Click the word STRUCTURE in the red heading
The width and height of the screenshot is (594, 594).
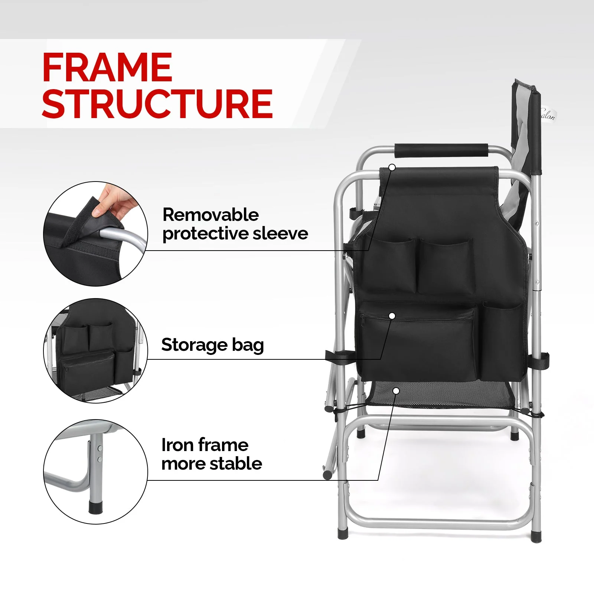(x=157, y=104)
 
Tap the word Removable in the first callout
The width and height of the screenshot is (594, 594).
(x=210, y=215)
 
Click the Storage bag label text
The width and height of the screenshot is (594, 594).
(x=212, y=345)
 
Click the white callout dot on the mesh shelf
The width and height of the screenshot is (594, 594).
(x=396, y=391)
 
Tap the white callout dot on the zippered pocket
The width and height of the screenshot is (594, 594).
(x=392, y=316)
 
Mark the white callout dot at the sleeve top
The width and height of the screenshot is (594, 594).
(x=392, y=167)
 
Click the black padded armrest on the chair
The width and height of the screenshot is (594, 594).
(x=441, y=150)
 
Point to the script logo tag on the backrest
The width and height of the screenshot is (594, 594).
(x=548, y=114)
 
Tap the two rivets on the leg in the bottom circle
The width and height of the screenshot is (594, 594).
(x=99, y=454)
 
